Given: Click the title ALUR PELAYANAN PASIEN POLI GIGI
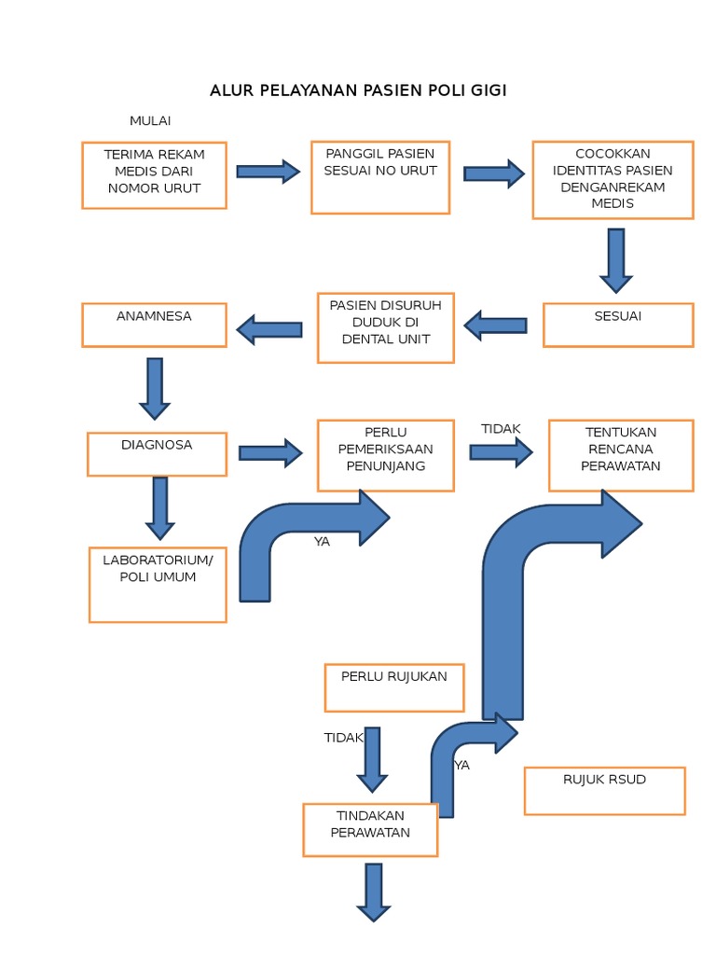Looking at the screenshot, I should coord(358,90).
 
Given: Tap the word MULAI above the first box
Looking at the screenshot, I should coord(150,121).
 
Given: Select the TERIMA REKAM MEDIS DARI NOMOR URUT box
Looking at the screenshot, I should coord(154,175).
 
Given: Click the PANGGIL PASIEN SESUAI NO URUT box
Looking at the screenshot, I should coord(380,177).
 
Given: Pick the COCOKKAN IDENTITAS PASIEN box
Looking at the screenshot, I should coord(613,180).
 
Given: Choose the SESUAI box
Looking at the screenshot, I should coord(618,325).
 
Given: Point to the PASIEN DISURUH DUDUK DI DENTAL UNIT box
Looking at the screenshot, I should coord(385,328).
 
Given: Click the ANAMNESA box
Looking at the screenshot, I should coord(154,325).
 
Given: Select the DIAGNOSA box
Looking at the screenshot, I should coord(157,453).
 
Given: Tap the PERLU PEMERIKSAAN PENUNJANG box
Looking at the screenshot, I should coord(386,455).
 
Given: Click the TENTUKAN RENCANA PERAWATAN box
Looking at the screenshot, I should coord(621,455).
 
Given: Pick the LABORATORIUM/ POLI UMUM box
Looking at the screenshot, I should coord(158,584).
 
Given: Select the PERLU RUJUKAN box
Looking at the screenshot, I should coord(394,687).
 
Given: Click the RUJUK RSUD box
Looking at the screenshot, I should coord(604,790).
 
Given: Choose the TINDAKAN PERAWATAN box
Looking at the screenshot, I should coord(370,830).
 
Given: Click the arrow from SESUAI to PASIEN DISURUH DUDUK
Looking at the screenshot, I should coord(495,325).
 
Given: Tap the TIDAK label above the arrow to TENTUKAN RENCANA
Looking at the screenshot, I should coord(501,429).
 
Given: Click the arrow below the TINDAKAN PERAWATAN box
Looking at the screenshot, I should coord(374,892).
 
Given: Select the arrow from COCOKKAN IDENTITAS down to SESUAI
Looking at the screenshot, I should coord(615,260).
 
